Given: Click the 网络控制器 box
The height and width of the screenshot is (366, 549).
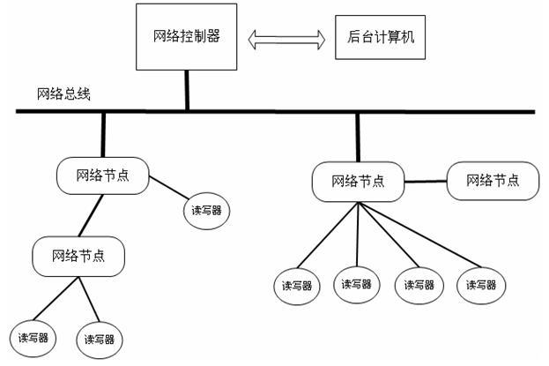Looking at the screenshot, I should click(186, 37).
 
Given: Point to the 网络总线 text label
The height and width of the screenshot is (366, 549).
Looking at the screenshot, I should click(63, 93).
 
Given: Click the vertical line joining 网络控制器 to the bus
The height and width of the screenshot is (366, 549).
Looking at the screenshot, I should click(187, 90).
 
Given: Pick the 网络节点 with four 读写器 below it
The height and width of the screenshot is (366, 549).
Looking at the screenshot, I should click(358, 182).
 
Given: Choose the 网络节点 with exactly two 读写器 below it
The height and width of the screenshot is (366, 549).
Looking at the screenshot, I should click(78, 256).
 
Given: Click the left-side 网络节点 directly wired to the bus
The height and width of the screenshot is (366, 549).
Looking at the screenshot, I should click(102, 175).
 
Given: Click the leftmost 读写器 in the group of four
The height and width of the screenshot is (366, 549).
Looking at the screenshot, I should click(297, 285).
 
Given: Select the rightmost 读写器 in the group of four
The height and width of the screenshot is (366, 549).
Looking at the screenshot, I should click(482, 284).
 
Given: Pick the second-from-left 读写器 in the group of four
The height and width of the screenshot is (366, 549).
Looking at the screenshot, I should click(359, 284).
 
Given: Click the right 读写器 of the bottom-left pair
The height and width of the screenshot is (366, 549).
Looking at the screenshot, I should click(99, 339).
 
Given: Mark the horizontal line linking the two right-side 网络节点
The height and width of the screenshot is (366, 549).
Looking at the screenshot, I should click(425, 182).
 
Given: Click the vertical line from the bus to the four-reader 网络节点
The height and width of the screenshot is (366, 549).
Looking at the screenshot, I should click(358, 138).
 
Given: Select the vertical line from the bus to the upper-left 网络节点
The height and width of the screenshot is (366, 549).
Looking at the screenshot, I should click(103, 134).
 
